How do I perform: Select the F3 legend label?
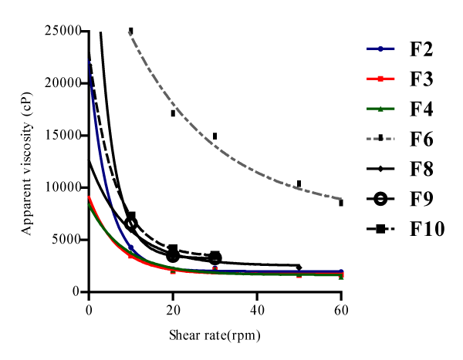coord(421,80)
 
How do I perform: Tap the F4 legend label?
coord(421,109)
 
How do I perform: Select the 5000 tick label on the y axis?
coord(66,240)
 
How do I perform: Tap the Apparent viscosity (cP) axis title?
coord(26,161)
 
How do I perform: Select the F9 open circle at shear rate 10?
coord(131,224)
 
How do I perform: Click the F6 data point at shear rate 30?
coord(215,136)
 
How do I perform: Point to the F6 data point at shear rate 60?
coord(340,202)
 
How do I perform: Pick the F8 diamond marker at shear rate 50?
coord(299,267)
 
